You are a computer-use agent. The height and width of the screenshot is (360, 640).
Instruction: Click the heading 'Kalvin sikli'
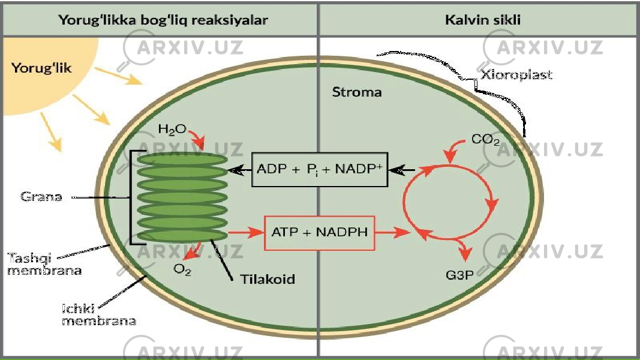tap(482, 20)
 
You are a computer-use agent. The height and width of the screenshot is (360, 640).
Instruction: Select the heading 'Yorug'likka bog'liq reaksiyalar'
tap(163, 20)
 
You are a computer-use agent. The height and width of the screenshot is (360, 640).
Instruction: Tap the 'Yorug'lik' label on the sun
tap(41, 68)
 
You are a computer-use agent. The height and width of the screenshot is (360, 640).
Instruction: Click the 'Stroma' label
tap(357, 92)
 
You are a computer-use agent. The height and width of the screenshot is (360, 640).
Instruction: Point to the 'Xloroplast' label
tap(516, 74)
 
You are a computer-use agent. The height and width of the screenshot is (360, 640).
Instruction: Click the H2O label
tap(172, 130)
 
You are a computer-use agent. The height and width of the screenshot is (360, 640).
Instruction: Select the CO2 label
tap(485, 140)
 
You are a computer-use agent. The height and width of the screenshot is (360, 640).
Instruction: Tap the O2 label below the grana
tap(182, 269)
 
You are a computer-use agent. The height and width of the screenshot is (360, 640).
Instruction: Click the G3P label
tap(459, 275)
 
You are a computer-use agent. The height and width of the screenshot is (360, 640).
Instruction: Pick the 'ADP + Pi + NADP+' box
tap(320, 169)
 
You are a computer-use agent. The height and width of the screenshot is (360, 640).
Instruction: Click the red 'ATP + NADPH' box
tap(320, 233)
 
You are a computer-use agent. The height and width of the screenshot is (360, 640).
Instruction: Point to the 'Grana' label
tap(41, 197)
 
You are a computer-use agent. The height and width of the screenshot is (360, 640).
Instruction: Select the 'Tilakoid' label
tap(268, 279)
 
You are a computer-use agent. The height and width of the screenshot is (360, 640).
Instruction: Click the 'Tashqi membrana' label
tap(44, 264)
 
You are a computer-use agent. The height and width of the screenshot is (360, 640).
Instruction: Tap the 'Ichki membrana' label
tap(99, 314)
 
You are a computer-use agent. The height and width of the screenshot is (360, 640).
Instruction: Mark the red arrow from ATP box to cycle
tap(392, 233)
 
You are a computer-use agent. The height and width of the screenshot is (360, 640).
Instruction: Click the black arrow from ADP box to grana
tap(239, 170)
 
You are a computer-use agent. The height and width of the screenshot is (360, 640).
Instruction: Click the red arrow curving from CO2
tap(453, 148)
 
